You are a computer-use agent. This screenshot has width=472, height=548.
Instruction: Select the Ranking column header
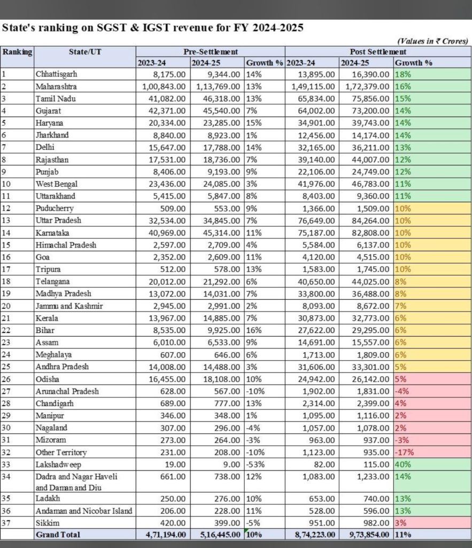[17, 52]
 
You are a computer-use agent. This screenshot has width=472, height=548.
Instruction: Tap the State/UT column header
[84, 52]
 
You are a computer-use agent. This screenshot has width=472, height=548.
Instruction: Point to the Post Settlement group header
[377, 52]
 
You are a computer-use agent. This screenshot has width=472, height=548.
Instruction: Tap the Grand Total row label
[58, 534]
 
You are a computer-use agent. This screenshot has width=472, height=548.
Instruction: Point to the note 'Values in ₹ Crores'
[432, 41]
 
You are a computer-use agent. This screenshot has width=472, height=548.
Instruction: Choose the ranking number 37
[7, 522]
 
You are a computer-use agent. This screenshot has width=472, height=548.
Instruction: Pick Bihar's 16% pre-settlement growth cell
[254, 331]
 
